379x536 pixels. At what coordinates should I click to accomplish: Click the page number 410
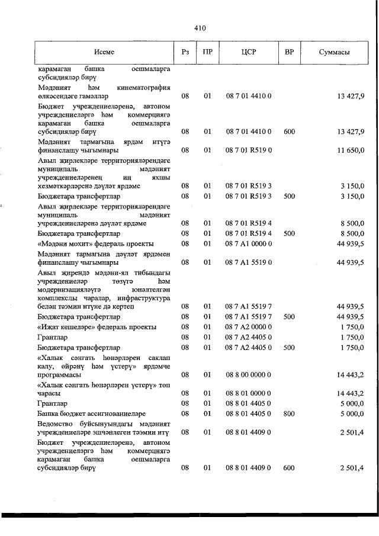[x=200, y=27]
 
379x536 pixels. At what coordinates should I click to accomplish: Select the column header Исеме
[x=104, y=52]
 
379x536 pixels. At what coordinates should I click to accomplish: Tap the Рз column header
[x=185, y=52]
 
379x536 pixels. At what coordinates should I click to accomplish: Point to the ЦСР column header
[x=248, y=52]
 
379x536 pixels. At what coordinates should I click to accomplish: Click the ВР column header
[x=289, y=52]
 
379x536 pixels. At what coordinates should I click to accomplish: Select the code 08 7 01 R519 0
[x=248, y=150]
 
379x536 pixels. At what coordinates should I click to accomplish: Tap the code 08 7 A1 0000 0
[x=248, y=243]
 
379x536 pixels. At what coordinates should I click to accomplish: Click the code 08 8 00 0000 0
[x=248, y=375]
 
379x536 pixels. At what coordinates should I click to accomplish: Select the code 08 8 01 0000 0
[x=248, y=393]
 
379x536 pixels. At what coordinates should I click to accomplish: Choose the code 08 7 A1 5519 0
[x=248, y=262]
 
